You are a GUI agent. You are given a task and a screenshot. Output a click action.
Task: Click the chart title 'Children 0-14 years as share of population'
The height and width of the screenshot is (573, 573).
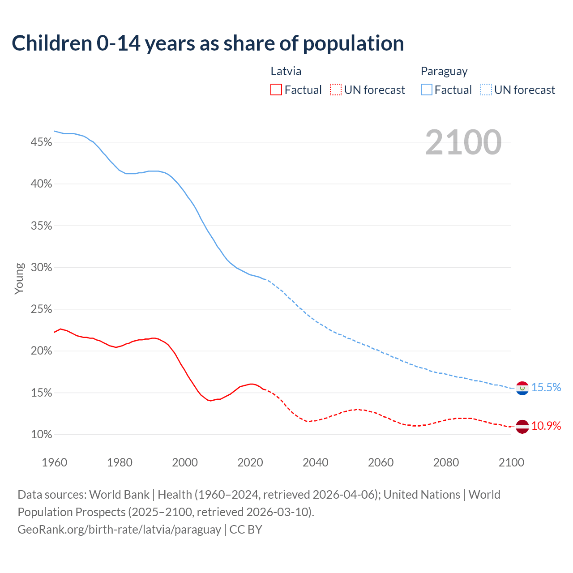pos(208,43)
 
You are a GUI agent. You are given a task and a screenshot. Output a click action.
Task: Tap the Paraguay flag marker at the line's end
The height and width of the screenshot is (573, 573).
pos(522,388)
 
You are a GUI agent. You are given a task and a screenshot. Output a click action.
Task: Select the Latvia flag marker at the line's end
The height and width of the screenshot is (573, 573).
pos(522,427)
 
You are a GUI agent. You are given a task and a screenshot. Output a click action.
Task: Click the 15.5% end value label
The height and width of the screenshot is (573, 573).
pos(546,388)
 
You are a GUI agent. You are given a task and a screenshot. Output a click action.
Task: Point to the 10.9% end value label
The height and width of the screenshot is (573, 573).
pos(546,426)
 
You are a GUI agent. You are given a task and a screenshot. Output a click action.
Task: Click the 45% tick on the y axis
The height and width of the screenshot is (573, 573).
pos(41,142)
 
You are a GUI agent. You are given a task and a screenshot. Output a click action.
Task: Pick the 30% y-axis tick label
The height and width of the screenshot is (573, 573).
pos(41,268)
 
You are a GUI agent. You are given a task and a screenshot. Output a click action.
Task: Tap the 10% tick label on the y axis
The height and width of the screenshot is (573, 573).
pos(41,435)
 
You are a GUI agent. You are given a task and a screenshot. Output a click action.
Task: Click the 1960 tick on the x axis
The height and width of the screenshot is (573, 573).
pos(54,462)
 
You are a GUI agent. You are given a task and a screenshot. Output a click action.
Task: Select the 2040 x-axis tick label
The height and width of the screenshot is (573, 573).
pos(315,462)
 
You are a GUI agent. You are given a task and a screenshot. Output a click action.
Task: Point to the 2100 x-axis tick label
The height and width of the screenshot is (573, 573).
pos(511,462)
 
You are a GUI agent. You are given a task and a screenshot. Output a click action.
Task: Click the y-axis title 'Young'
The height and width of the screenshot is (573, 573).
pos(19,278)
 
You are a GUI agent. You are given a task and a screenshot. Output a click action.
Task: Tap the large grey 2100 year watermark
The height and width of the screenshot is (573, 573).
pos(463,142)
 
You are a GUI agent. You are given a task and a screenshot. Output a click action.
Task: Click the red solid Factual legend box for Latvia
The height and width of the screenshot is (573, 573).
pos(276,90)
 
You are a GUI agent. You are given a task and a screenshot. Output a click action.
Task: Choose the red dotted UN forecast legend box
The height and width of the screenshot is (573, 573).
pos(336,90)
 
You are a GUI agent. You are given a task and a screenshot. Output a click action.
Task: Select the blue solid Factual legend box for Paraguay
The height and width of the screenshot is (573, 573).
pos(427,90)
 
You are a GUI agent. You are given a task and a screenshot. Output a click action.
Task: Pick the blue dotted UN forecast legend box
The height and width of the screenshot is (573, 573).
pos(486,90)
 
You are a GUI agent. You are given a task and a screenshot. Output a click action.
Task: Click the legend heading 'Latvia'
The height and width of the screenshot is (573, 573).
pos(286,71)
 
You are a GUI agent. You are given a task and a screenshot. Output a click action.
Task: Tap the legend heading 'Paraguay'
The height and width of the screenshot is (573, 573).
pos(444,71)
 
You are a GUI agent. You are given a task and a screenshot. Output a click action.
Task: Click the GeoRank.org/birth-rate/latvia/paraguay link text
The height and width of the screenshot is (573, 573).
pos(119,530)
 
